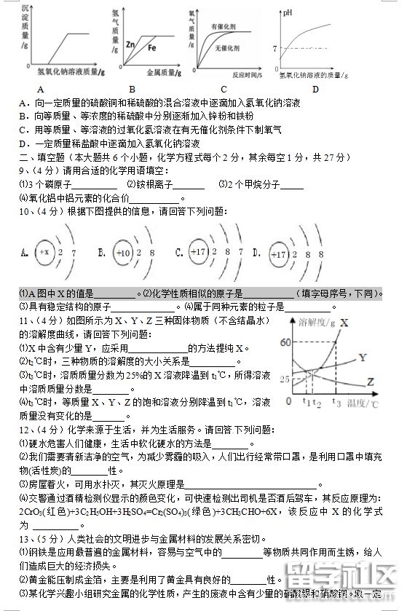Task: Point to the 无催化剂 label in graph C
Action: pyautogui.click(x=227, y=47)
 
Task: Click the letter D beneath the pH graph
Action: pyautogui.click(x=315, y=89)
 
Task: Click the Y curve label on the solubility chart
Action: pyautogui.click(x=363, y=358)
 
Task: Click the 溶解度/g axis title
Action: pyautogui.click(x=317, y=322)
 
